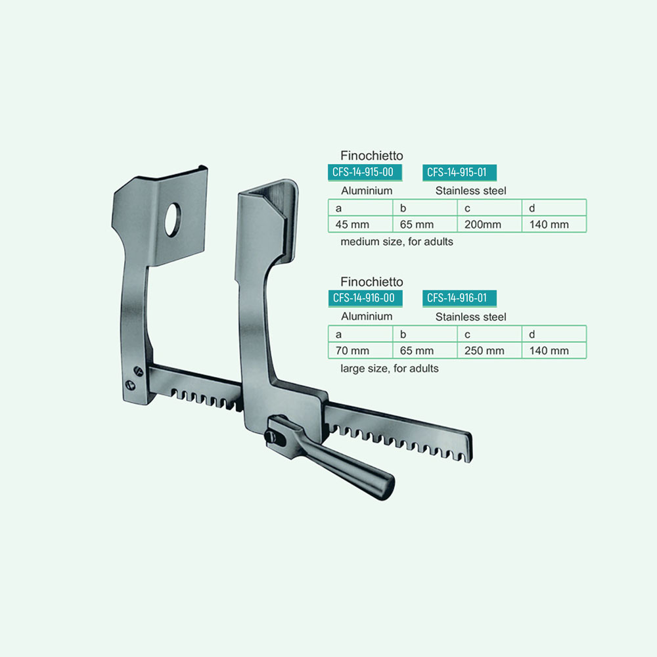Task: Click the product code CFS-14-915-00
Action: pyautogui.click(x=365, y=172)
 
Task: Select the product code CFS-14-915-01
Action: pyautogui.click(x=459, y=172)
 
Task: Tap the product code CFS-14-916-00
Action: pyautogui.click(x=365, y=298)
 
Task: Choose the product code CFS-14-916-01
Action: pyautogui.click(x=459, y=298)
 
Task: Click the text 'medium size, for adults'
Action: pyautogui.click(x=397, y=242)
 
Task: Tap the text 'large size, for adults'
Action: pyautogui.click(x=390, y=369)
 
